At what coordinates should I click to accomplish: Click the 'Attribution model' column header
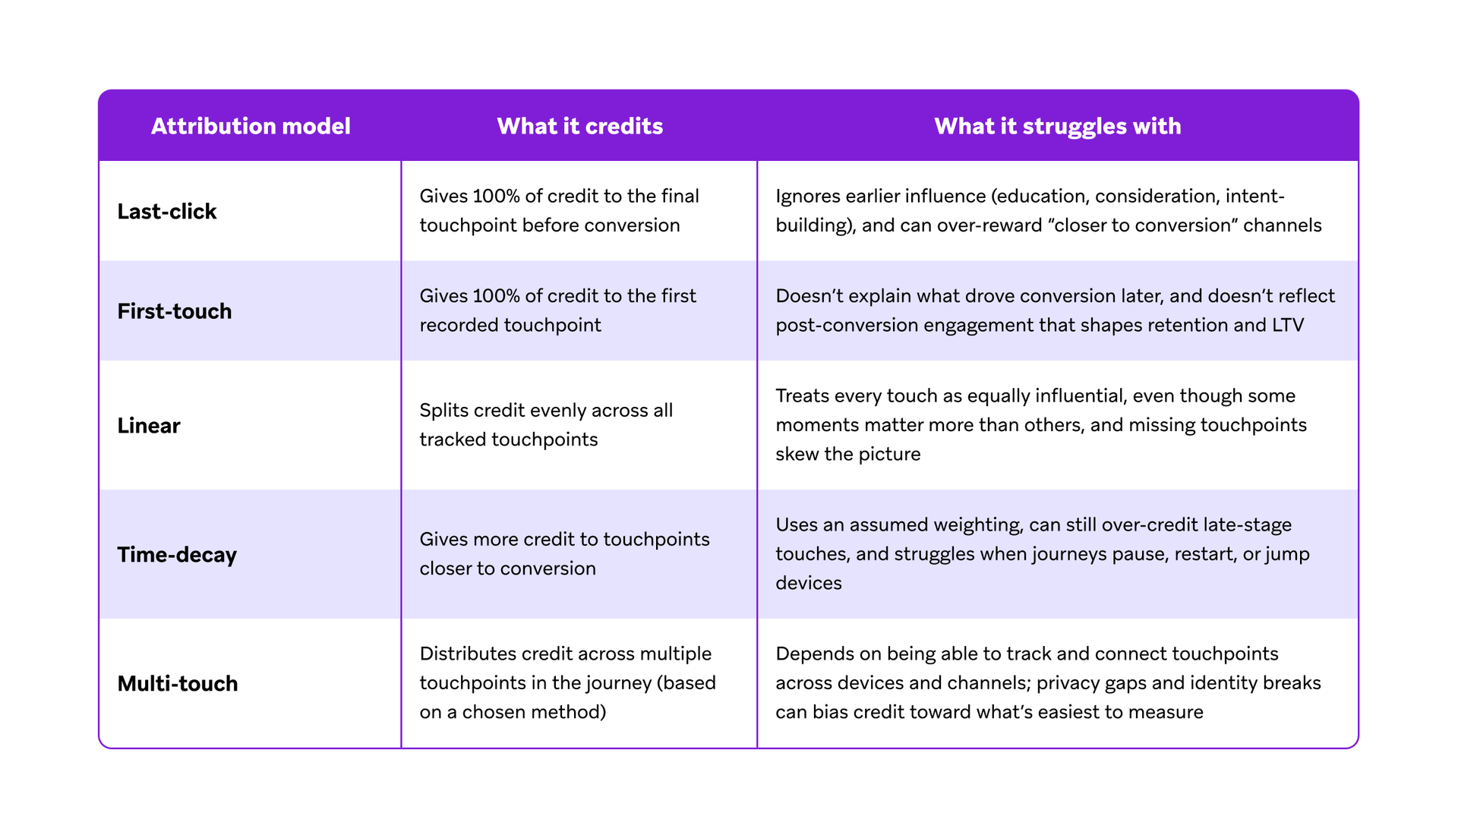[x=251, y=126]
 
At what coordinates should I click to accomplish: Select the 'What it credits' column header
[x=579, y=126]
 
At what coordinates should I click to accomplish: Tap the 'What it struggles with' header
[x=1057, y=126]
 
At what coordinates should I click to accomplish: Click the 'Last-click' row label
[x=166, y=211]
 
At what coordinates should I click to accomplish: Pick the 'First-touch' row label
[x=174, y=311]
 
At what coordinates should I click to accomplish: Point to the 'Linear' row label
[x=148, y=425]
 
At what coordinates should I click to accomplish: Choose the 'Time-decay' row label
[x=176, y=555]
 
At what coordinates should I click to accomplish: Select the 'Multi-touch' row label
[x=177, y=684]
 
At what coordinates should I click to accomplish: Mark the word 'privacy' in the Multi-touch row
[x=1069, y=683]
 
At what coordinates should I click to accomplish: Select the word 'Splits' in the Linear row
[x=443, y=411]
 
